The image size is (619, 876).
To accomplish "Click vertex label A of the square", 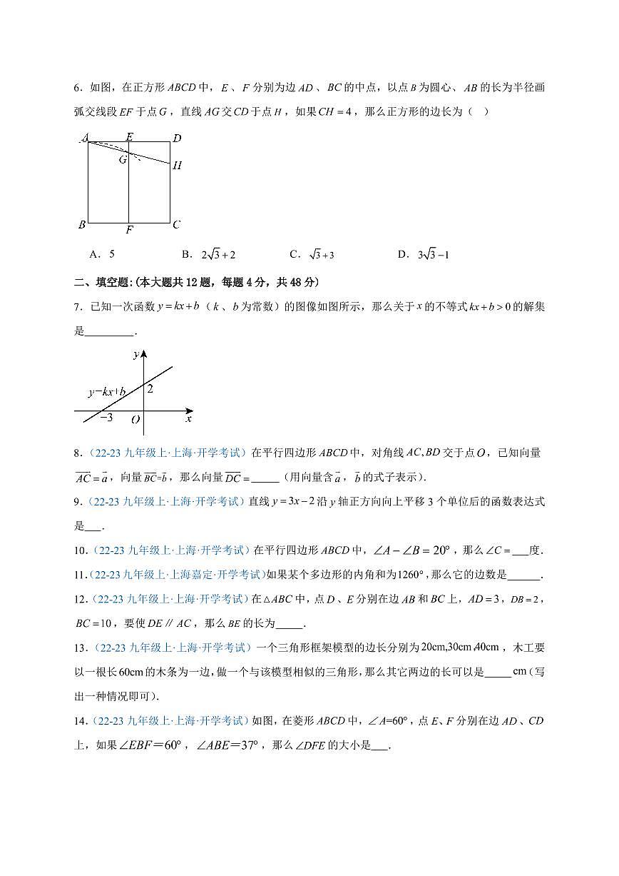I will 85,137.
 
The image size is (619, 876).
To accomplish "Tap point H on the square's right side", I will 177,165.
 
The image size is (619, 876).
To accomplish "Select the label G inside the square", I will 123,159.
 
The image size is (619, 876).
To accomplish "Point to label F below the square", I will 128,230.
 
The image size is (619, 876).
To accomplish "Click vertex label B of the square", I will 82,225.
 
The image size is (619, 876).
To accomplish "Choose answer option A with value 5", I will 103,254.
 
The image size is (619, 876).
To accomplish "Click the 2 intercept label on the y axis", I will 150,388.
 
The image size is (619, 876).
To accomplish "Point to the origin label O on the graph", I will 135,420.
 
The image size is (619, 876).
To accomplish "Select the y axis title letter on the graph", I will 135,354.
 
